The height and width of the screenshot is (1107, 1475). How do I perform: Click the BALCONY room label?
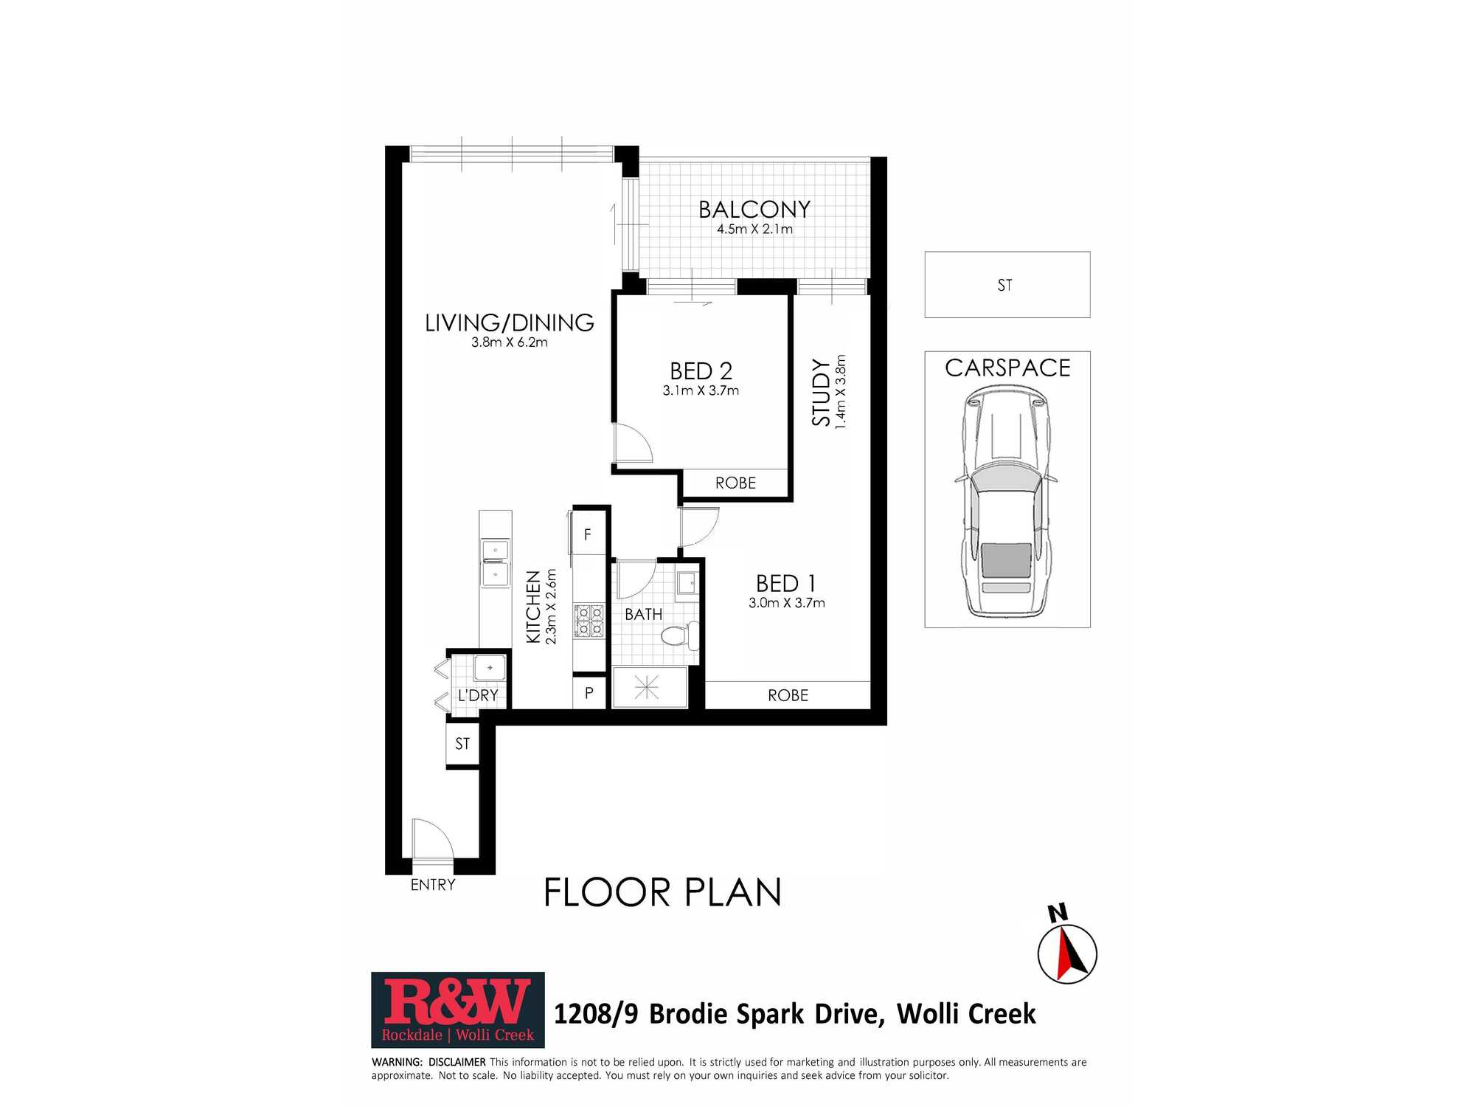tap(754, 210)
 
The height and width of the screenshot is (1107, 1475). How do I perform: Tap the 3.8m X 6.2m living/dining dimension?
tap(510, 342)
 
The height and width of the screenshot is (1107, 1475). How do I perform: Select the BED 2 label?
tap(701, 370)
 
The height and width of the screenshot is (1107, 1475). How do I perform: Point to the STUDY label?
tap(821, 392)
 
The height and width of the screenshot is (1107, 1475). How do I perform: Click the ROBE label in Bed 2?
tap(735, 483)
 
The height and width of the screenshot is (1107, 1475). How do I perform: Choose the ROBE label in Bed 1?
tap(788, 695)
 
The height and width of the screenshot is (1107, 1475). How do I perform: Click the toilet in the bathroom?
tap(679, 635)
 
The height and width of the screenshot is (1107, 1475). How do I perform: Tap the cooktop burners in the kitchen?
tap(589, 621)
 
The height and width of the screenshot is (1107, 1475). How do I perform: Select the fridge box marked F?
tap(589, 534)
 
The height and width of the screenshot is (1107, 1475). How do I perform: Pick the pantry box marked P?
tap(589, 693)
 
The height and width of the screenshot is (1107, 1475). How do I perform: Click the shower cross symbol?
tap(647, 688)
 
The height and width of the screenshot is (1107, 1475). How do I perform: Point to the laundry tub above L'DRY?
tap(490, 668)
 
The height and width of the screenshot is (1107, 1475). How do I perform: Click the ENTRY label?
tap(433, 885)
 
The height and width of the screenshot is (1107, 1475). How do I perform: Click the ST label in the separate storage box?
tap(1004, 286)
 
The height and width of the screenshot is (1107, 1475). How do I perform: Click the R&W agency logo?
tap(458, 1010)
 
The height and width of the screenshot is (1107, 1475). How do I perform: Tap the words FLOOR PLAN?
tap(662, 892)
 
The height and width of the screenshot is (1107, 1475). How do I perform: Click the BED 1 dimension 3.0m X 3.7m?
tap(787, 603)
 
